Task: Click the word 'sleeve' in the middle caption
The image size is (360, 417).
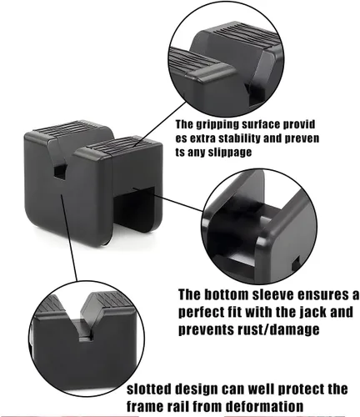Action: (293, 295)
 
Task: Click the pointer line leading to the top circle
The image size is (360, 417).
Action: (158, 123)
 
